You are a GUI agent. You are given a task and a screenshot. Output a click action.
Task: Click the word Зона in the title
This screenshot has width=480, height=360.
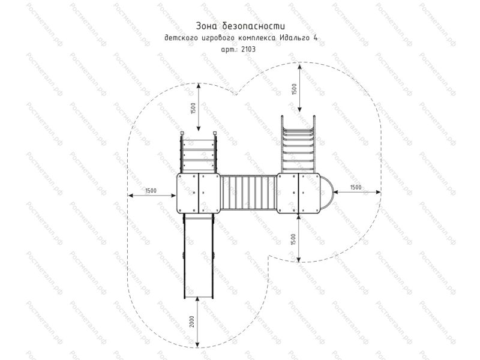click(x=206, y=26)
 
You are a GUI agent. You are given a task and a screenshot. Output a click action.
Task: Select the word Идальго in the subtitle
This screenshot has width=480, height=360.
click(x=293, y=38)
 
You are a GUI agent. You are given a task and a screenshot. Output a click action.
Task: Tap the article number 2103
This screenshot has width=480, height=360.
click(x=248, y=49)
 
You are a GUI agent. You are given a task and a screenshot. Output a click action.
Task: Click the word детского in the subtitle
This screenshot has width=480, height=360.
click(x=180, y=38)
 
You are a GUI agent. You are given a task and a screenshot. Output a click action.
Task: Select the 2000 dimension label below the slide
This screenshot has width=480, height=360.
click(x=192, y=322)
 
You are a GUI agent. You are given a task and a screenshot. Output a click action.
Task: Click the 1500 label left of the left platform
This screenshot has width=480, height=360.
click(x=151, y=191)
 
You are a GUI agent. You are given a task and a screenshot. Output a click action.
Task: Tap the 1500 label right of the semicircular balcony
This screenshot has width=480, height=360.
click(x=355, y=187)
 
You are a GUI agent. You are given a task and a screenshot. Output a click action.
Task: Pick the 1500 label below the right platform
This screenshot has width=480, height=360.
click(x=293, y=239)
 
